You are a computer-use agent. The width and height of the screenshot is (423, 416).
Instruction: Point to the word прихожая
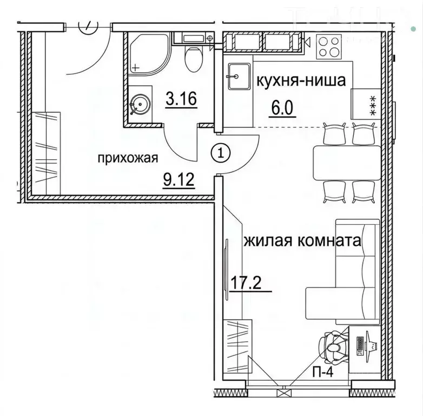[128, 159]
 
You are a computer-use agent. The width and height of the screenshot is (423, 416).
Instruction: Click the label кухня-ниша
[301, 82]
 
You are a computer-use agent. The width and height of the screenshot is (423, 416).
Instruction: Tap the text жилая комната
[302, 240]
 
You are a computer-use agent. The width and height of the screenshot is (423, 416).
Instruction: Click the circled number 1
[220, 153]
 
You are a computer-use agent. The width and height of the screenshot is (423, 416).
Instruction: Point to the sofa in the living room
[346, 271]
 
